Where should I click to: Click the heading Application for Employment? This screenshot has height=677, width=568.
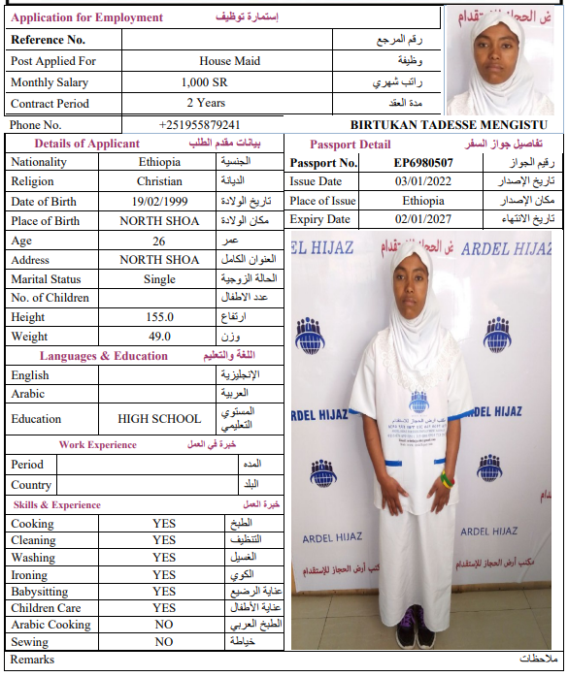pos(87,17)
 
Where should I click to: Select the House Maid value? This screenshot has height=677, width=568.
pos(229,61)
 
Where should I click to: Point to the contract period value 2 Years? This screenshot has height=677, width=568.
pos(206,103)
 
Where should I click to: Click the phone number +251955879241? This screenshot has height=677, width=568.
pos(199,125)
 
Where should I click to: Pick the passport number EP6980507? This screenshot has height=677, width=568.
pos(422,163)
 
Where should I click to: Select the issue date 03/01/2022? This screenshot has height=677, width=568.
pos(422,181)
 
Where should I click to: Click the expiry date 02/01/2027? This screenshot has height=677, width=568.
pos(422,220)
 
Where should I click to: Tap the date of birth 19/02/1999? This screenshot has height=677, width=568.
pos(159,201)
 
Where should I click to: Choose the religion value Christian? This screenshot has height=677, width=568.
pos(159,181)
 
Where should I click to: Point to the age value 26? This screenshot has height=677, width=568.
pos(159,241)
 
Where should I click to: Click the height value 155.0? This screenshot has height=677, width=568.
pos(159,317)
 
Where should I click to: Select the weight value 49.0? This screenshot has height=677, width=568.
pos(159,337)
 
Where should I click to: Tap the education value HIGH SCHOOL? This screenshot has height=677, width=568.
pos(159,419)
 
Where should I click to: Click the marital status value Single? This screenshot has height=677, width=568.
pos(159,279)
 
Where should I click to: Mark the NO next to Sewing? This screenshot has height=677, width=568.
pos(164,642)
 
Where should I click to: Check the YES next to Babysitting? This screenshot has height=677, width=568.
pos(164,591)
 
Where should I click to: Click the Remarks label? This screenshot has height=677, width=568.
pos(33,660)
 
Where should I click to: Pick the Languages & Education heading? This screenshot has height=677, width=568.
pos(104,356)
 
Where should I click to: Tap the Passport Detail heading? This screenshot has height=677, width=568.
pos(351,145)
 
